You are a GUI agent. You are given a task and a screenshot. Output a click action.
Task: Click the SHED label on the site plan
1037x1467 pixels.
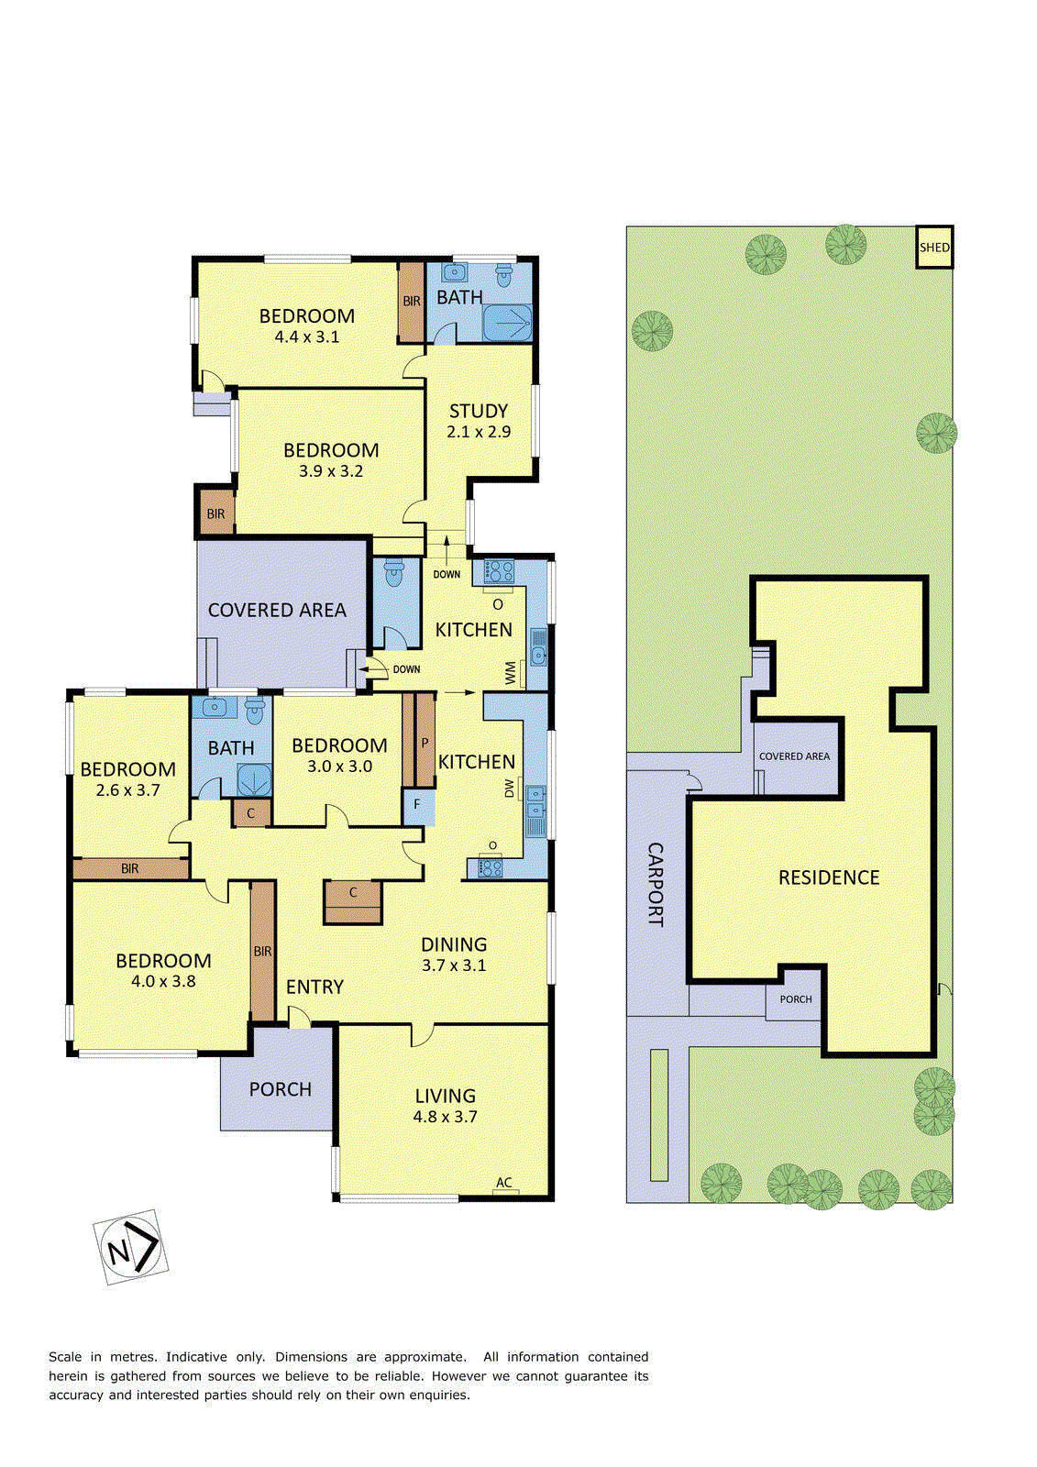coord(934,248)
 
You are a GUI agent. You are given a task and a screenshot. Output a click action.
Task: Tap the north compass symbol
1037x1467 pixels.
coord(130,1247)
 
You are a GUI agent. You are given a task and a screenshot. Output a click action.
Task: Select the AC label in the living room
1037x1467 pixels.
coord(503,1183)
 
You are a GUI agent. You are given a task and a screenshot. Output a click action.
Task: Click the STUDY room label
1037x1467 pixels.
coord(478,411)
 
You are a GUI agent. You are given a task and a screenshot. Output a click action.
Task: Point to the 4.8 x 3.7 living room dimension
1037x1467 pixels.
coord(445,1117)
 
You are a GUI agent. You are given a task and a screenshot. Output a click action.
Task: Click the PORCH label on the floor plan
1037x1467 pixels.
coord(280,1089)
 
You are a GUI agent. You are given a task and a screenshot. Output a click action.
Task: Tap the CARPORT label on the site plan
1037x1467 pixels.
coord(656,884)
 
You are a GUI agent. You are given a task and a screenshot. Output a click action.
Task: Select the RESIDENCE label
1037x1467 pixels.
coord(828,877)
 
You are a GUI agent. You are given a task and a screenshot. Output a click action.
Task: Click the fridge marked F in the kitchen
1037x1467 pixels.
coord(417,805)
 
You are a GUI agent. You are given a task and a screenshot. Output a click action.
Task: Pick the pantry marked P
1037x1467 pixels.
coord(425,741)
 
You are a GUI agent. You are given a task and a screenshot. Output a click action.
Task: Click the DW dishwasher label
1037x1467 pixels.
coord(510,788)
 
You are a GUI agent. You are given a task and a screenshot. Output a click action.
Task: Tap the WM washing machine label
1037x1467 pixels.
coord(511,674)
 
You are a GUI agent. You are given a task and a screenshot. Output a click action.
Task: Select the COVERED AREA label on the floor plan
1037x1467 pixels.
coord(277,610)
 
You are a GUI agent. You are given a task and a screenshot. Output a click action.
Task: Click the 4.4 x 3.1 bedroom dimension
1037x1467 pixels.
coord(306,336)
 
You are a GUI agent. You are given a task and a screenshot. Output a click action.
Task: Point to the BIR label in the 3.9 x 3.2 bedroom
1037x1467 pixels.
coord(215,514)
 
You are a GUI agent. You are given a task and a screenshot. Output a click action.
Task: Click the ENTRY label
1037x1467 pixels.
coord(314,987)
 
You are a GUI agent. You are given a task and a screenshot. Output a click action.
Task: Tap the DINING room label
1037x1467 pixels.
coord(453,944)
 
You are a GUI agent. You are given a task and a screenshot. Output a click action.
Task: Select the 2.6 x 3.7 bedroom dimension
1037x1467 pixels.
coord(127,790)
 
